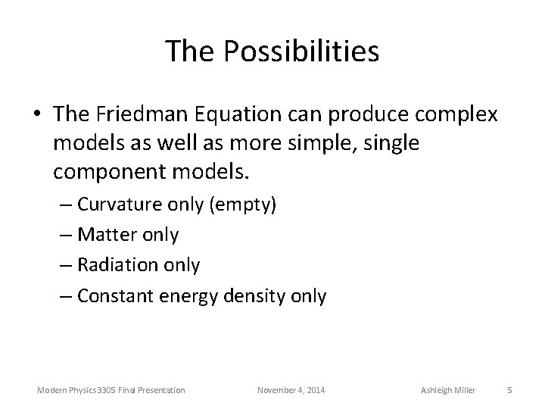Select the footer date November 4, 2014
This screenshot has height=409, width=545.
pyautogui.click(x=291, y=390)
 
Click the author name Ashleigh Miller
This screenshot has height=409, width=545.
pyautogui.click(x=447, y=390)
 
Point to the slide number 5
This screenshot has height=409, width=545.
pyautogui.click(x=509, y=390)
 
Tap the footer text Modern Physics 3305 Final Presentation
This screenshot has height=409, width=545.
pyautogui.click(x=111, y=390)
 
